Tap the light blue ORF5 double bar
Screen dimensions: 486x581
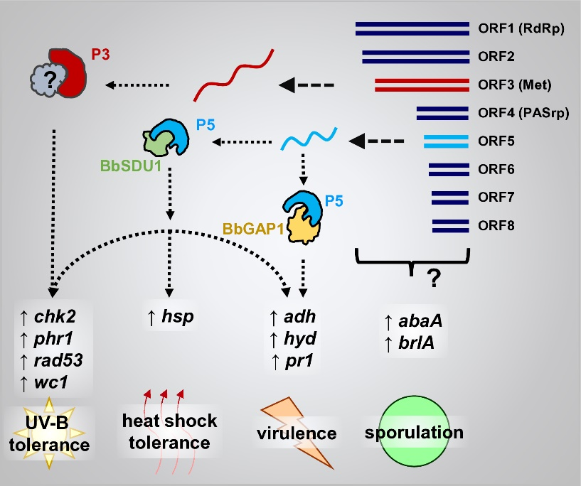[446, 141]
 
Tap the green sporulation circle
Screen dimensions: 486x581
[413, 433]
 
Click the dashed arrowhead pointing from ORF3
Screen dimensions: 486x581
[287, 85]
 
